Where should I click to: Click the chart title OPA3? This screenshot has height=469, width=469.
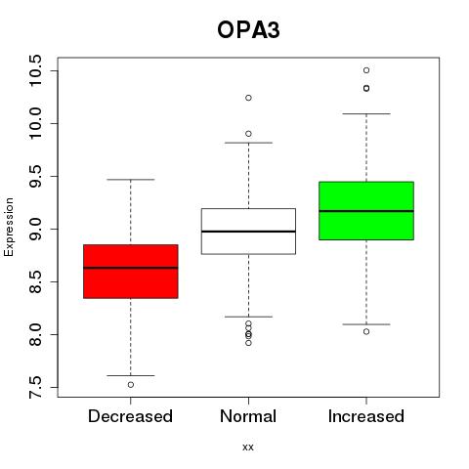[248, 30]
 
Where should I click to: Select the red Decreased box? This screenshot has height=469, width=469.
[131, 272]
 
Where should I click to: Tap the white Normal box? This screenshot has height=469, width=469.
[248, 232]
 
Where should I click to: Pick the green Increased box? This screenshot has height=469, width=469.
[366, 211]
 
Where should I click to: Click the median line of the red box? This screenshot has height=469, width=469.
[131, 268]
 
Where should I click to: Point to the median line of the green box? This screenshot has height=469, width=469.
[366, 211]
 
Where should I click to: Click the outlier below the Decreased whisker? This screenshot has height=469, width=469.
[131, 385]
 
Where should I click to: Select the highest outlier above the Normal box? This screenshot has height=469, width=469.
[248, 98]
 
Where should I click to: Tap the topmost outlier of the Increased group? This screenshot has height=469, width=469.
[366, 70]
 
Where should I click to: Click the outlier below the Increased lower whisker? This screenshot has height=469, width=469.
[366, 331]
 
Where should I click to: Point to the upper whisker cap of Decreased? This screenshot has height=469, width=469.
[131, 180]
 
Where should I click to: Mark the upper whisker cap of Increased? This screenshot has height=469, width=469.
[366, 113]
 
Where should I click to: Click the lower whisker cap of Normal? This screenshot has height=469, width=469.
[248, 317]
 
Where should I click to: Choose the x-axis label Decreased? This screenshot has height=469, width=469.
[130, 416]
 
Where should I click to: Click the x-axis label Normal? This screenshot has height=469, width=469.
[248, 416]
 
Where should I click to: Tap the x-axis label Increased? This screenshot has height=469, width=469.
[366, 416]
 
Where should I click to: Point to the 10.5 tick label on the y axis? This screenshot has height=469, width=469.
[35, 70]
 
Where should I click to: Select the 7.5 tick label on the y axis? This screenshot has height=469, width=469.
[35, 387]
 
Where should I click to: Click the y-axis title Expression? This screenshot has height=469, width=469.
[9, 227]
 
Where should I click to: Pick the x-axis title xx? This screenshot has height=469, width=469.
[248, 447]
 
